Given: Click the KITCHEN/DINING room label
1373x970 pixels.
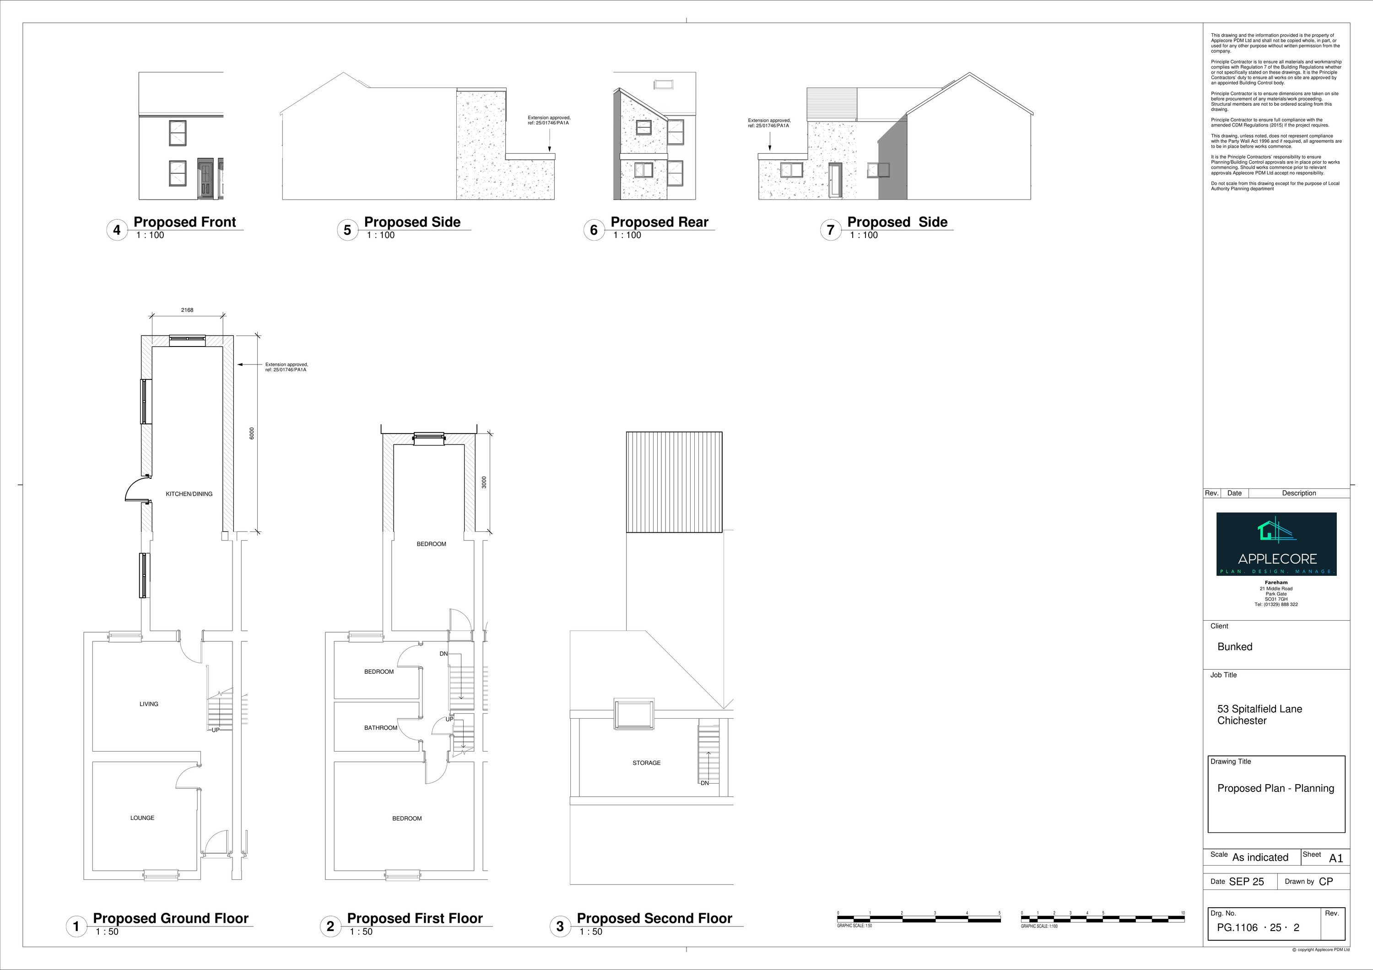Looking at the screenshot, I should pos(189,494).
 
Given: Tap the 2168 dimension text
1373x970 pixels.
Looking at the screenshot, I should pos(187,310).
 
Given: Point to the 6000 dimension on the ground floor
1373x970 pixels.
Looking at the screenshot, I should pos(252,434).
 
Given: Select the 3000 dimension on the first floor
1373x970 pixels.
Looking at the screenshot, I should pos(484,482).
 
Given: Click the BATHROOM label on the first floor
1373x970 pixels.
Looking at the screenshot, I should pos(380,728).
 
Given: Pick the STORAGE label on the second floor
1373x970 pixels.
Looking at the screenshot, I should pos(646,763).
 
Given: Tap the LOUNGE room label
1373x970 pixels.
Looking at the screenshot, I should pos(142,818).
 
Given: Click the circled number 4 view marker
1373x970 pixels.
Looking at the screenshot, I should pos(117,230).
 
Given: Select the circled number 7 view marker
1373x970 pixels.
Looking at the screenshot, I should pos(830,230).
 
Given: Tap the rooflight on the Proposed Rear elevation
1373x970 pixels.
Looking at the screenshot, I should pos(663,84).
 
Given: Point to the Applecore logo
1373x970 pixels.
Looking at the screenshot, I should pos(1276,544).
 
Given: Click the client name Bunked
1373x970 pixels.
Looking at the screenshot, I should pos(1234,646).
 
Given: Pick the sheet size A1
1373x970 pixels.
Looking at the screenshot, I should pos(1336,858).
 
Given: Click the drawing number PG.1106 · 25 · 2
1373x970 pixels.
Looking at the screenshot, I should pos(1258,927).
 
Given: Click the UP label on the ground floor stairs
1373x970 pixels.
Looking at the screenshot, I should pos(215,730).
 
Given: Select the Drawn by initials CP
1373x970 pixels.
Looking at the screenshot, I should pos(1326,882).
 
